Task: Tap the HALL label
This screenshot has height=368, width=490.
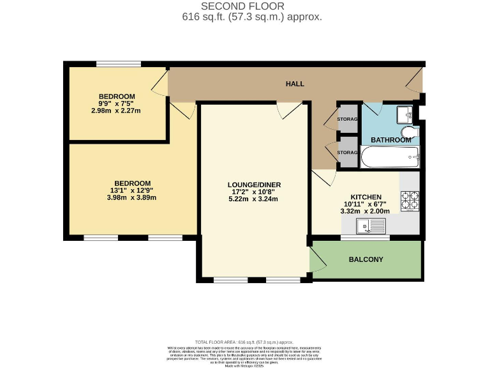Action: pos(295,84)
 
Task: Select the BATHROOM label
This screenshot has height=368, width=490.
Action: pos(391,140)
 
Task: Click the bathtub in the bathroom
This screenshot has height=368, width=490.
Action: pos(389,157)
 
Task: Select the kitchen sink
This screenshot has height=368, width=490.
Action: pos(371,224)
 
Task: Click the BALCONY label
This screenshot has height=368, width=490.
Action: pos(366,259)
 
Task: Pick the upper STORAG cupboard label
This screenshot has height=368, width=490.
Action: pos(347,118)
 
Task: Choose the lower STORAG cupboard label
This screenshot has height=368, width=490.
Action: pos(347,153)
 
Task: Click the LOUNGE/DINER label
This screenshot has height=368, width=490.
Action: pos(255,185)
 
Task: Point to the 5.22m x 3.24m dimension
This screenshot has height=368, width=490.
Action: pos(255,199)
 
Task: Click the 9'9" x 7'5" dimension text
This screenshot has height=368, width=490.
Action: pos(116,103)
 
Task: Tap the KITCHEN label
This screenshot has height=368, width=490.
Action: pos(366,197)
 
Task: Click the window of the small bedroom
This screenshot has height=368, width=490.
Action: pos(118,63)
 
